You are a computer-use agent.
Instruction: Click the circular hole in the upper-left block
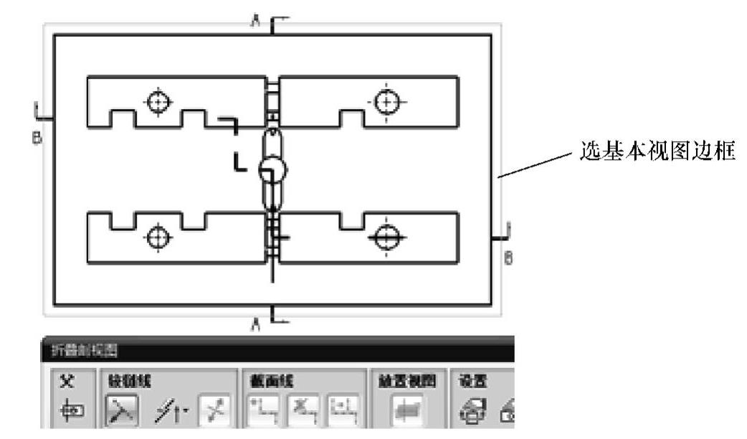tap(156, 102)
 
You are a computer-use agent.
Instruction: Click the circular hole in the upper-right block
tap(388, 102)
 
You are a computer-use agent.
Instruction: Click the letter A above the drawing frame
tap(254, 22)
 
